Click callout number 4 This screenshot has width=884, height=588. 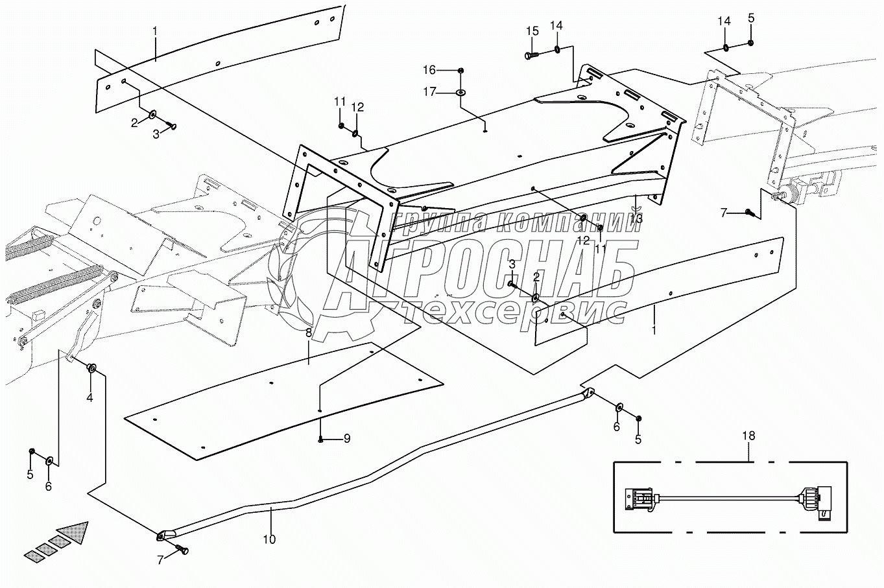[90, 397]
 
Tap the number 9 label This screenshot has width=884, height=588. [347, 439]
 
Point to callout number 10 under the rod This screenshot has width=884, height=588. [269, 539]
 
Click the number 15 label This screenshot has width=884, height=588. [532, 31]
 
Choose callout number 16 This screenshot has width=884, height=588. [429, 70]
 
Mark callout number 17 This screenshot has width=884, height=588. [429, 91]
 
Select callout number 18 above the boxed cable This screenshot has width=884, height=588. [748, 436]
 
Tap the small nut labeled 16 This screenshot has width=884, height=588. [460, 70]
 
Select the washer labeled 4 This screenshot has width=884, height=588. [91, 369]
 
